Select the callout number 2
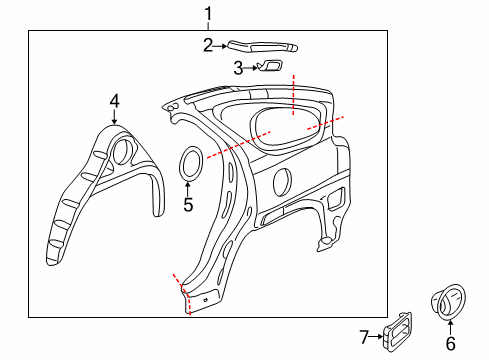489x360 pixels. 208,45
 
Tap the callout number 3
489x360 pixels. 238,68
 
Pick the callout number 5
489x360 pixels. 187,205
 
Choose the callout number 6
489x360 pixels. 450,343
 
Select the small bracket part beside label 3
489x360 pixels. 270,67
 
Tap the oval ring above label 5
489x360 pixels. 189,164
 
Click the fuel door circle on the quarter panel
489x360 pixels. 282,182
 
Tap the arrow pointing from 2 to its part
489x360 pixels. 221,45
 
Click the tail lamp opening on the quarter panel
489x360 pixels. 336,199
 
